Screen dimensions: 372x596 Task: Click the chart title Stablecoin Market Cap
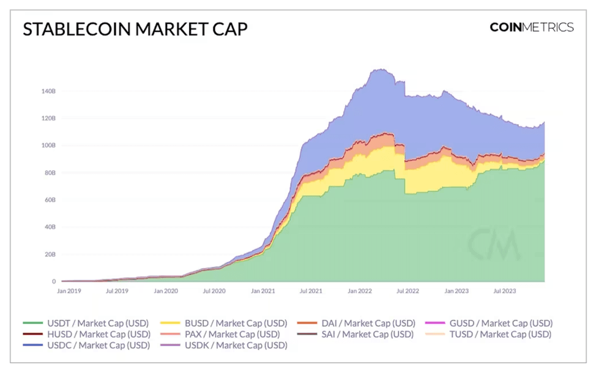click(x=135, y=29)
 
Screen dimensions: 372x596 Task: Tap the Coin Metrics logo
click(x=531, y=27)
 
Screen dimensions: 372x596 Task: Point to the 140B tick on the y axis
click(x=49, y=91)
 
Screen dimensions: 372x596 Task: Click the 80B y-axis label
click(x=50, y=173)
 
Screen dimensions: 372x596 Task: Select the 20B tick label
click(x=50, y=254)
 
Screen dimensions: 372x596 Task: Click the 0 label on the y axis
click(x=54, y=281)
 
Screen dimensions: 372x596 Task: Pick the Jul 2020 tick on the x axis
click(x=214, y=291)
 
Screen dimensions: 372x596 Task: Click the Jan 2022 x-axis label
click(x=360, y=291)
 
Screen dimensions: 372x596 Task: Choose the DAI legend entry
click(x=356, y=323)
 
